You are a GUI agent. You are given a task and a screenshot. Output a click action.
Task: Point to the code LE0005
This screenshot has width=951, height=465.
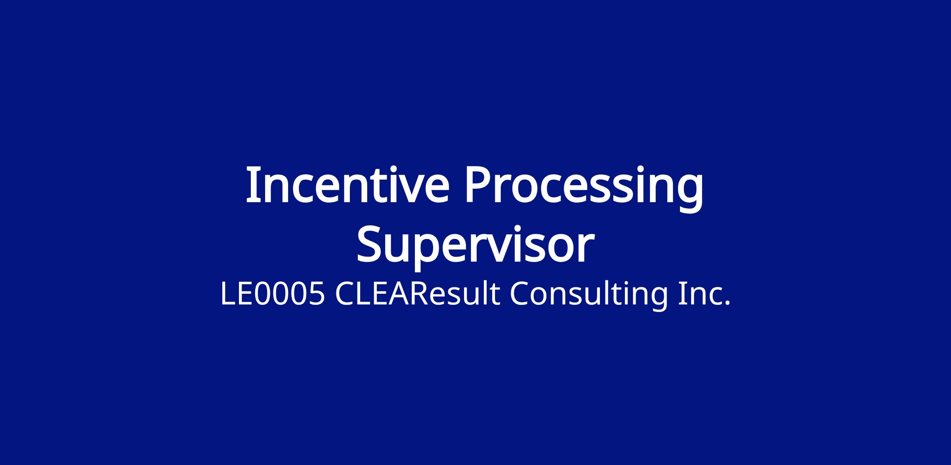coord(273,294)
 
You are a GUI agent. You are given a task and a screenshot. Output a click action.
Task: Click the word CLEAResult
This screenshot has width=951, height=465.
coord(418,293)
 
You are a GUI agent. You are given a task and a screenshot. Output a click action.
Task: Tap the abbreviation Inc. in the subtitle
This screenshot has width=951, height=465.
coord(704,294)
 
